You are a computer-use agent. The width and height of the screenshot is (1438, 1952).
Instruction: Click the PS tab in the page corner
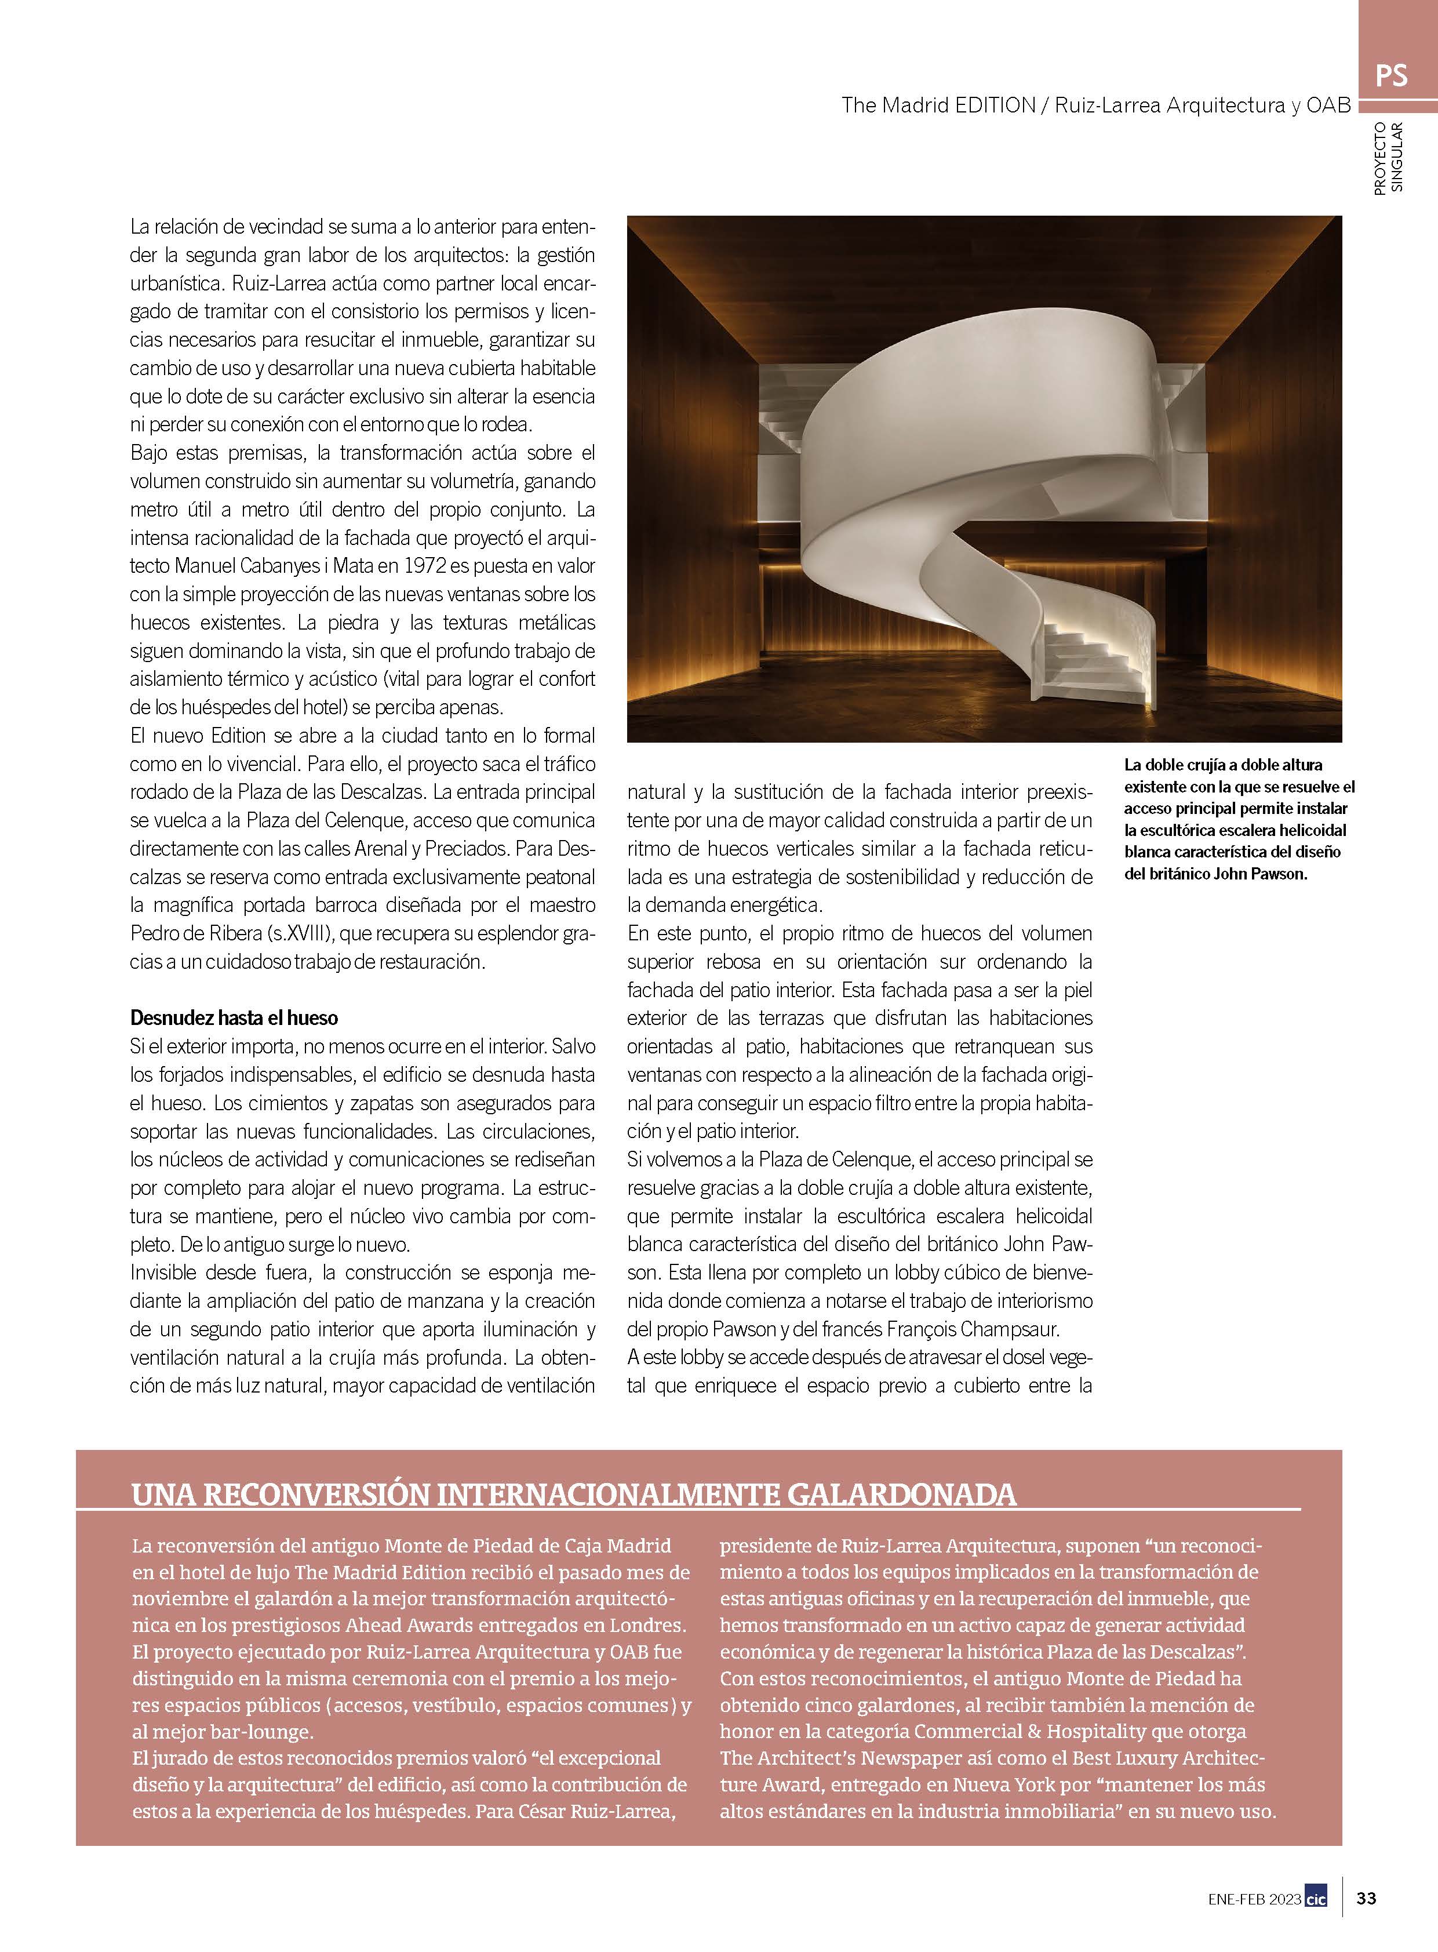pos(1391,76)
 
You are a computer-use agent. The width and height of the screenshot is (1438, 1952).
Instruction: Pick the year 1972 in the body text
pos(425,566)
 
